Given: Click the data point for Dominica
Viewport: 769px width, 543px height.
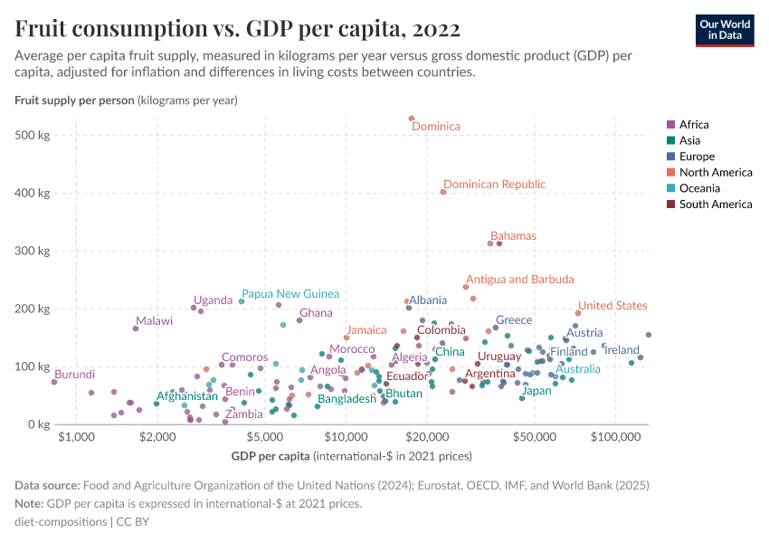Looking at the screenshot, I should [x=412, y=118].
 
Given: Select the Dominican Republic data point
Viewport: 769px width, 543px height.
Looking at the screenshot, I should [x=443, y=192].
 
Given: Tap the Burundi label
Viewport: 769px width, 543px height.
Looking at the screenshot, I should [x=74, y=375].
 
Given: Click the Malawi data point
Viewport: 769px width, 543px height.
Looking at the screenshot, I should [x=136, y=329].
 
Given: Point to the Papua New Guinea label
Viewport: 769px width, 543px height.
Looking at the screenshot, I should [x=290, y=294].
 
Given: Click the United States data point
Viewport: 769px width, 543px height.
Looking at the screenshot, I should [x=578, y=313].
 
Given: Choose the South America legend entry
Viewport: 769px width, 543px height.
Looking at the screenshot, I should [x=715, y=205].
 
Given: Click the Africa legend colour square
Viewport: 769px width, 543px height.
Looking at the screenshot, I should [x=670, y=125].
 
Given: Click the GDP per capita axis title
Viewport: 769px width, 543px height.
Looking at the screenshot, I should [x=353, y=455].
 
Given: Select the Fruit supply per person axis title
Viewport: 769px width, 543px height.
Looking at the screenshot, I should [x=74, y=100].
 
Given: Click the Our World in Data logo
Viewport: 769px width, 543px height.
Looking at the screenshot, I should [x=724, y=29].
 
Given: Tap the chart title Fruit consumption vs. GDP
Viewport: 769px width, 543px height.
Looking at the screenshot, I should [x=238, y=29].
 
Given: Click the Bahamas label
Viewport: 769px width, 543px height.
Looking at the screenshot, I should [x=513, y=236].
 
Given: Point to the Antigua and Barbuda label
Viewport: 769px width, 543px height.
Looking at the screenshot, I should [x=519, y=280].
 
